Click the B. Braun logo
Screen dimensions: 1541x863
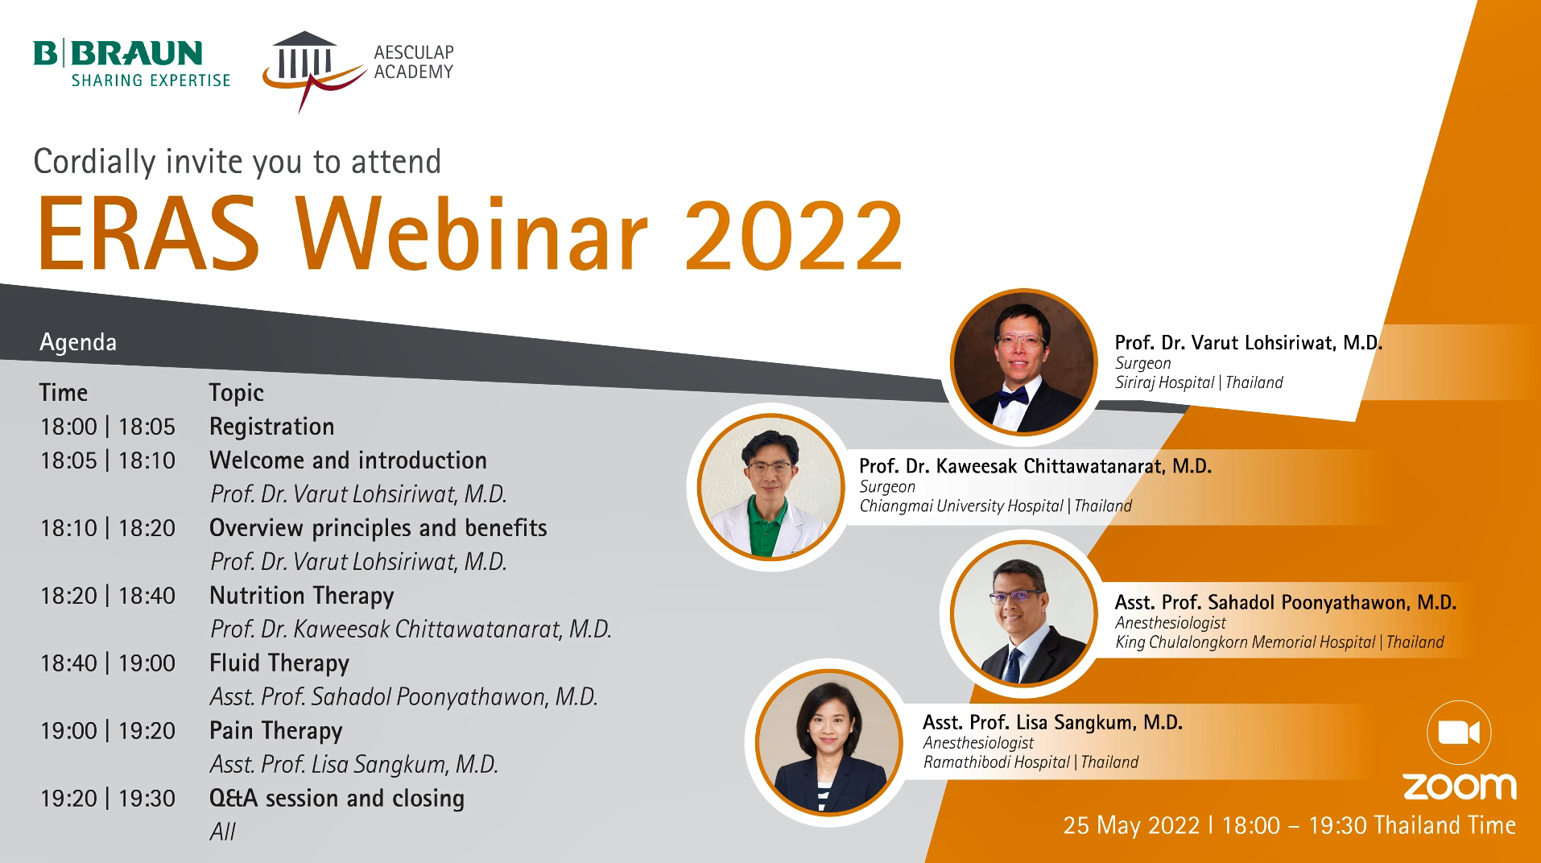(132, 63)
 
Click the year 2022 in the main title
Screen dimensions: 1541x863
(794, 235)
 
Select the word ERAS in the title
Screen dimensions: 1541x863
(148, 233)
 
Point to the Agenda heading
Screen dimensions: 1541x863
(78, 343)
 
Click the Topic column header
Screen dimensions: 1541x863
(237, 393)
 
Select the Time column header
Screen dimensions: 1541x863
(64, 393)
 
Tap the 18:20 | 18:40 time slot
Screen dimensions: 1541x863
(108, 596)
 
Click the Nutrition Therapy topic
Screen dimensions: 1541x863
(302, 597)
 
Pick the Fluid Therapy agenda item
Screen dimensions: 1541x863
(279, 664)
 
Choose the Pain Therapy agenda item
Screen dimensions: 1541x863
(276, 732)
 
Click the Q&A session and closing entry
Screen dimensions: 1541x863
(337, 799)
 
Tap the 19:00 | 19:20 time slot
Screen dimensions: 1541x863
(108, 731)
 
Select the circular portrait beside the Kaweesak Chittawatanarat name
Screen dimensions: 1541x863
(770, 487)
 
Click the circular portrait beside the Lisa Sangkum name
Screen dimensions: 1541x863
(830, 743)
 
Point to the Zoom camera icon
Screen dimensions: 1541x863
(1459, 733)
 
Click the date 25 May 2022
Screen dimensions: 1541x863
(1131, 826)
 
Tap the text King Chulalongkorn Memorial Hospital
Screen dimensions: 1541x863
(1246, 642)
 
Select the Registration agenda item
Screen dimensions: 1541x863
(272, 427)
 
